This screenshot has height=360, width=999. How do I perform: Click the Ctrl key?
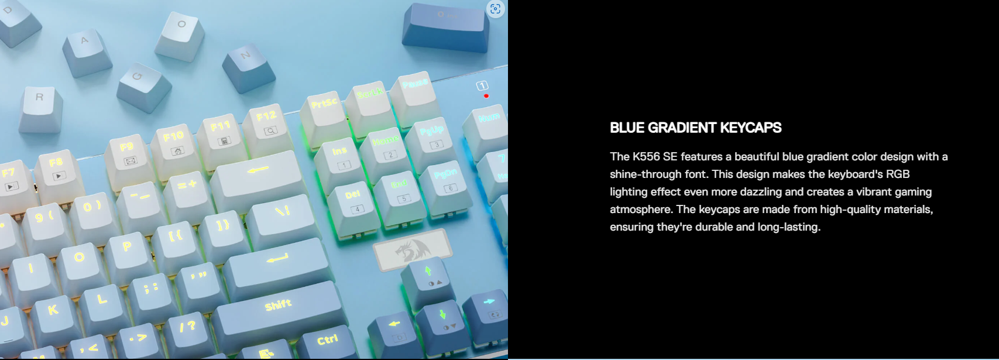(x=328, y=344)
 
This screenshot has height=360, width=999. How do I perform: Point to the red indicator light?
(x=486, y=96)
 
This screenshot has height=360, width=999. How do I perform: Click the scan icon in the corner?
(x=495, y=9)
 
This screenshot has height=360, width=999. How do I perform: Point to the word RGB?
(x=897, y=174)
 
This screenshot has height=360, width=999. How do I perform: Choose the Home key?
(x=386, y=152)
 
